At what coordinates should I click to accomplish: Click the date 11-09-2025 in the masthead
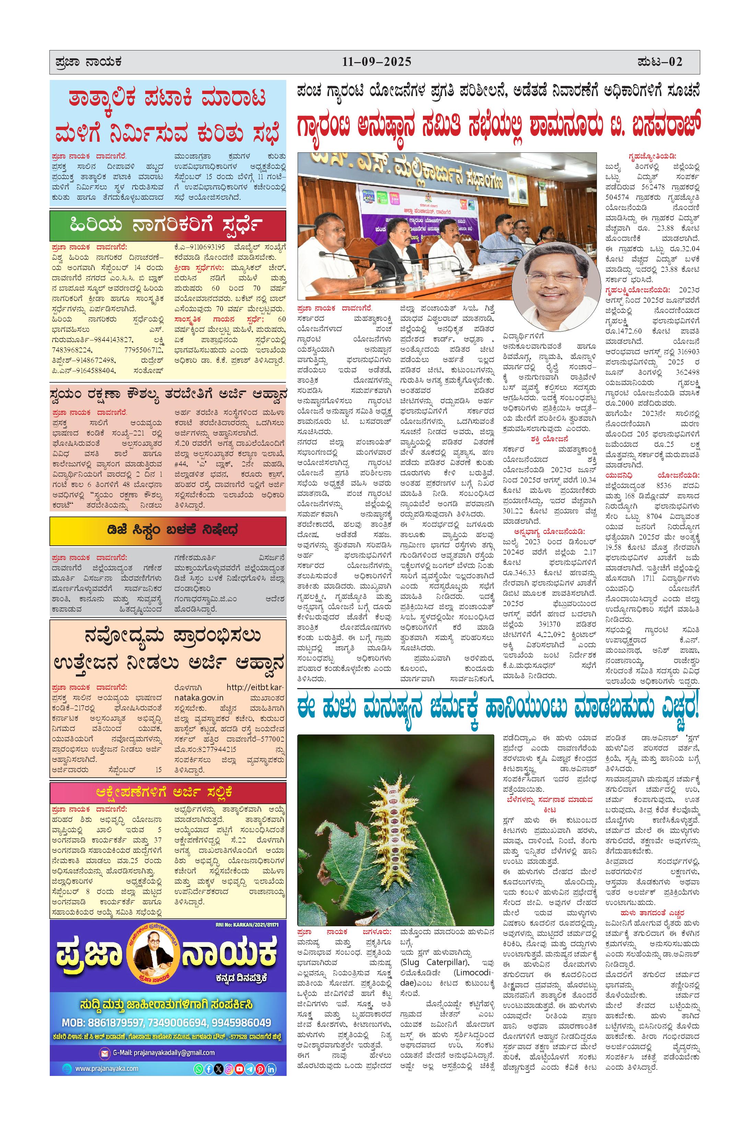377,62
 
